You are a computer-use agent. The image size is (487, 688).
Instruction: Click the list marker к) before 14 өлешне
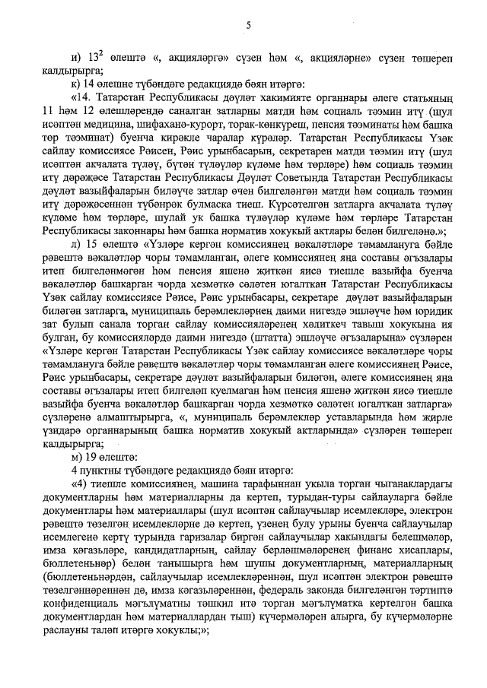(x=75, y=81)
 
